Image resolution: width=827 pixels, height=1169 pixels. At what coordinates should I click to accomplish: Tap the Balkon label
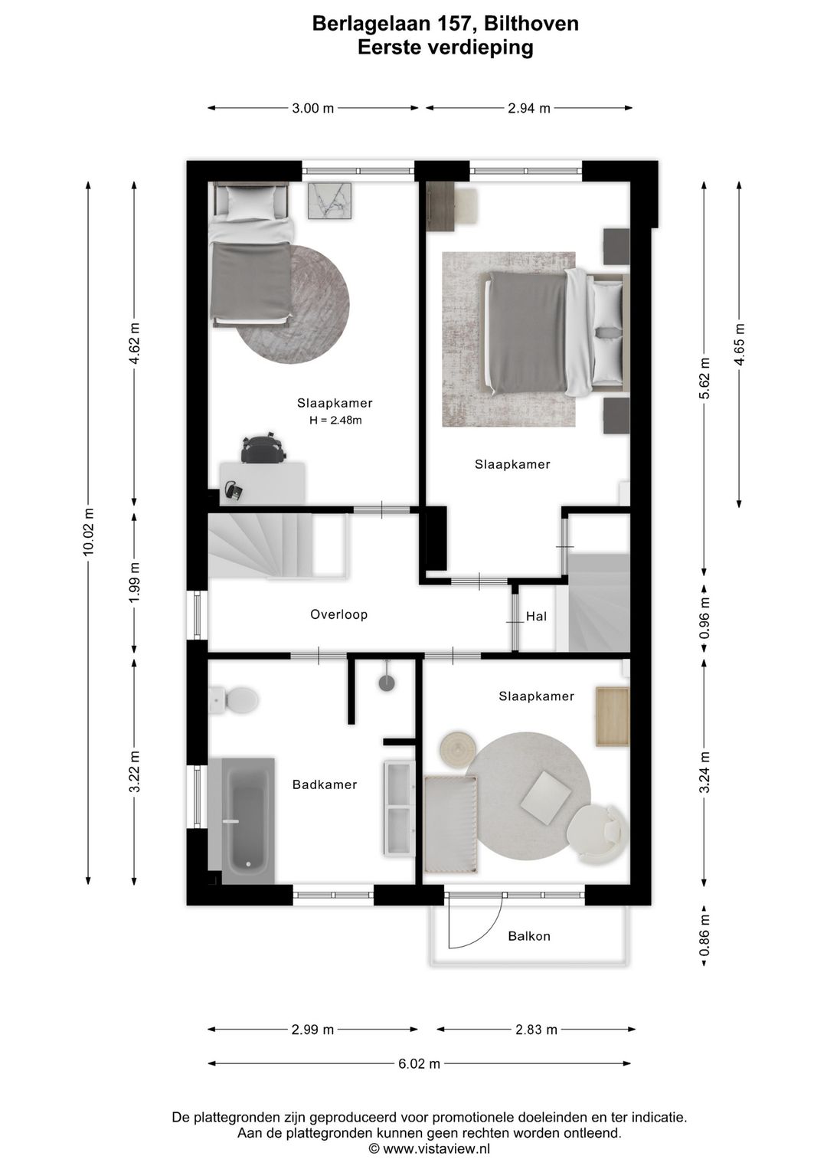click(529, 935)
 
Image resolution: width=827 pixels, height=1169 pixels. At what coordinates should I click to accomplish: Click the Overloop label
click(338, 614)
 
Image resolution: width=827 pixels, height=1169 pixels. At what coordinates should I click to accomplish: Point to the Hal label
click(536, 617)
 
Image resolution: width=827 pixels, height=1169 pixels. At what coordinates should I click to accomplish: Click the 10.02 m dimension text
click(89, 532)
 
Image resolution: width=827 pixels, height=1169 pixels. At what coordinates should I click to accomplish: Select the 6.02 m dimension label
click(420, 1063)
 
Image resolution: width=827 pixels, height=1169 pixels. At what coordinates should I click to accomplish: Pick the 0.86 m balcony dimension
click(704, 935)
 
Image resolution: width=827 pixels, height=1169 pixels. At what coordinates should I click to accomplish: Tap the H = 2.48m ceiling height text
click(335, 420)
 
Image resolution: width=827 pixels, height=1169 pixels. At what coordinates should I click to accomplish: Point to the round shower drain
click(387, 683)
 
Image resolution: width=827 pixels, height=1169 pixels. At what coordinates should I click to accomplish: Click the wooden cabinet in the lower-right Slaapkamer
click(613, 716)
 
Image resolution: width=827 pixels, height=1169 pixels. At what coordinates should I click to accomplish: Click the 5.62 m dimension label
click(704, 378)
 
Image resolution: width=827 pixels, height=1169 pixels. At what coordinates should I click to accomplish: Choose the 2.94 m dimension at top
click(529, 108)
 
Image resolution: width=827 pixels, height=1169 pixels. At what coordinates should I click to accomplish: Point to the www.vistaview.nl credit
click(430, 1148)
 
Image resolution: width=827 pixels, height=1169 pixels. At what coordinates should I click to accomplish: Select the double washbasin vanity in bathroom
click(400, 808)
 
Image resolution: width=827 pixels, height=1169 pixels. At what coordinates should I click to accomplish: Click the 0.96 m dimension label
click(704, 618)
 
